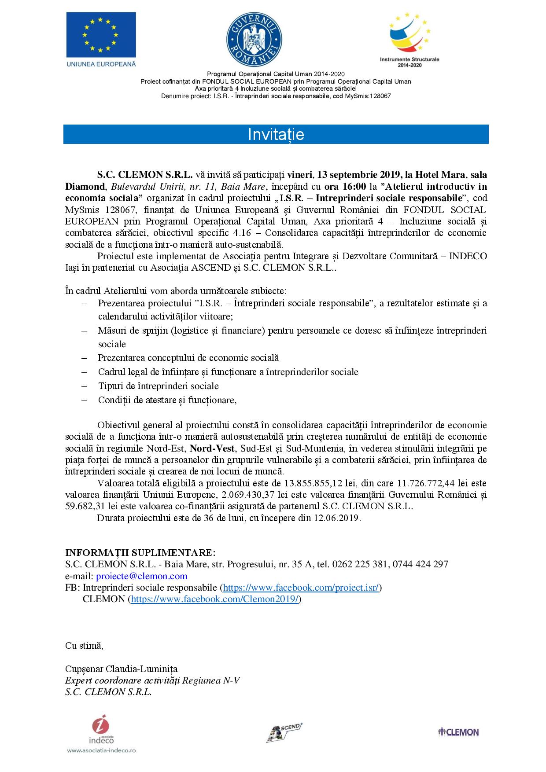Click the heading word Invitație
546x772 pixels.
click(x=276, y=134)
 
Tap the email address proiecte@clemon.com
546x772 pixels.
click(x=141, y=576)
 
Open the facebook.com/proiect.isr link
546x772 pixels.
click(x=301, y=587)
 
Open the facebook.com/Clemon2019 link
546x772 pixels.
click(x=215, y=599)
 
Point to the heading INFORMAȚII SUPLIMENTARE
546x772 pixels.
click(x=140, y=552)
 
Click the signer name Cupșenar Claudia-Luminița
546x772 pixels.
click(x=121, y=669)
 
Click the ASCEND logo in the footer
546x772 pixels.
click(x=284, y=731)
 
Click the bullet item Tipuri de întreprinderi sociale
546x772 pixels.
click(x=158, y=386)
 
